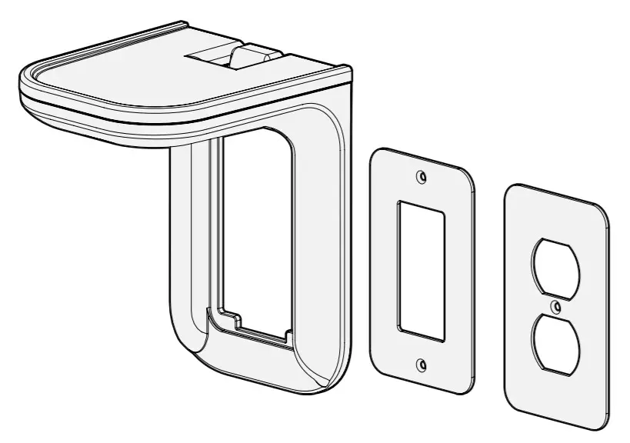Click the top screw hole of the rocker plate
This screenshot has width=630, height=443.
coord(420,178)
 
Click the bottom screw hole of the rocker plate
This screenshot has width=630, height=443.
coord(420,363)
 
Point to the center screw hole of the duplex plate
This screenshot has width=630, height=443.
coord(555,308)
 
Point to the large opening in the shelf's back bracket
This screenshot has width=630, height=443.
coord(254,223)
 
